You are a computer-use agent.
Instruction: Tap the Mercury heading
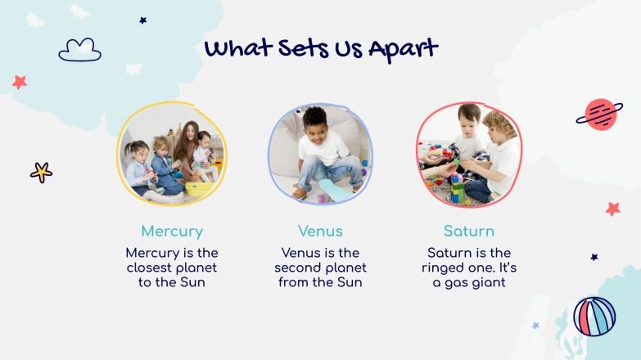point(172,231)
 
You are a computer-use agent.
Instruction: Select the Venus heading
point(320,231)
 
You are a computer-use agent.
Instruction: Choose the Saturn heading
point(469,231)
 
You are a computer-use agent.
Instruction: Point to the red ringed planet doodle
point(600,115)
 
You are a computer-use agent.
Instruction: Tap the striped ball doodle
point(594,316)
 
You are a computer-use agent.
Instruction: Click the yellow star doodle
point(41,172)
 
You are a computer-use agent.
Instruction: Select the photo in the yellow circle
point(172,154)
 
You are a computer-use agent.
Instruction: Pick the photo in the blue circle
point(320,154)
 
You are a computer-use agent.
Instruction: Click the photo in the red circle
point(469,154)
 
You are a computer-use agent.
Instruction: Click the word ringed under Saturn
point(448,268)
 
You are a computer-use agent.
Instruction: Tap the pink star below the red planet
point(612,209)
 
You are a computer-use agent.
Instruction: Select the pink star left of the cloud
point(20,82)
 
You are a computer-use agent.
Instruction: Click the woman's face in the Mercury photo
point(191,131)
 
